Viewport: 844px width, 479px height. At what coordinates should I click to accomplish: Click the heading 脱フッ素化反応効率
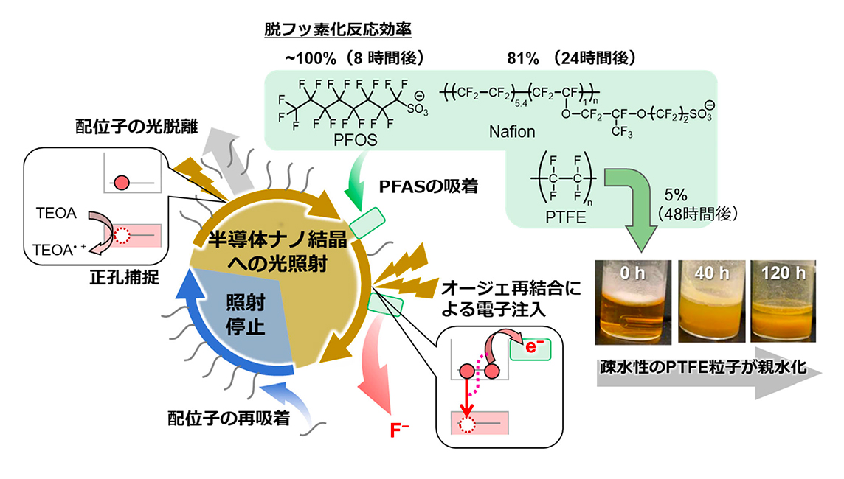(338, 29)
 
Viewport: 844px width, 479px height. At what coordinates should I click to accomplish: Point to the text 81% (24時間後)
(571, 57)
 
